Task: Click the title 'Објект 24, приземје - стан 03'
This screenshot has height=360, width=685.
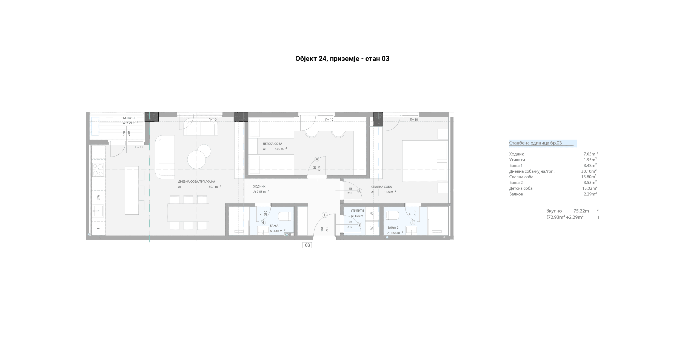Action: click(342, 59)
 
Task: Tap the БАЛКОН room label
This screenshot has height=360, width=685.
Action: click(129, 118)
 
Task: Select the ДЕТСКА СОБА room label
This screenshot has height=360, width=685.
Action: click(272, 144)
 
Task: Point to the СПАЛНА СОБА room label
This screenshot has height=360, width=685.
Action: click(381, 187)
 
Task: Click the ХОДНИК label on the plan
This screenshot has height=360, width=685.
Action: click(259, 186)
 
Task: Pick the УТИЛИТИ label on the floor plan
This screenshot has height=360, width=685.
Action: click(357, 211)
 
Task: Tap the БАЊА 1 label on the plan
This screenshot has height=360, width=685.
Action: click(275, 226)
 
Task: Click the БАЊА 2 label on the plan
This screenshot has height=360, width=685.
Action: click(393, 228)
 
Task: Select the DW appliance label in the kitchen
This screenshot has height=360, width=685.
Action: click(98, 197)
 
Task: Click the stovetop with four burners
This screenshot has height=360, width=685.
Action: click(98, 170)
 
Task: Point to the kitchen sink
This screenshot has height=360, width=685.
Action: click(97, 211)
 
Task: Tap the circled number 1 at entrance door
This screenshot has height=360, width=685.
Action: click(325, 215)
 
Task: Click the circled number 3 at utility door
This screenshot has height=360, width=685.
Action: click(360, 224)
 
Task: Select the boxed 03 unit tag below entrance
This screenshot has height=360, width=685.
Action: click(307, 245)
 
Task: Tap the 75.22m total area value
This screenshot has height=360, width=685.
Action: click(581, 211)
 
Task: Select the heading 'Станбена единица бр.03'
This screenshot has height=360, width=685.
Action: click(535, 143)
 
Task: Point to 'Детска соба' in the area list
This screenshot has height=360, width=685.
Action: click(521, 188)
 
